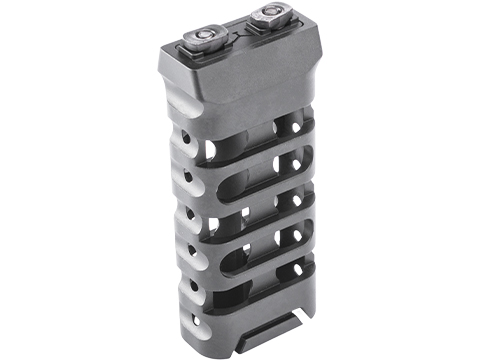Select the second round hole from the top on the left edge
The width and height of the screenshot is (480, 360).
tap(183, 170)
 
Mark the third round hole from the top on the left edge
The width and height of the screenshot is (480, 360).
tap(186, 210)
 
